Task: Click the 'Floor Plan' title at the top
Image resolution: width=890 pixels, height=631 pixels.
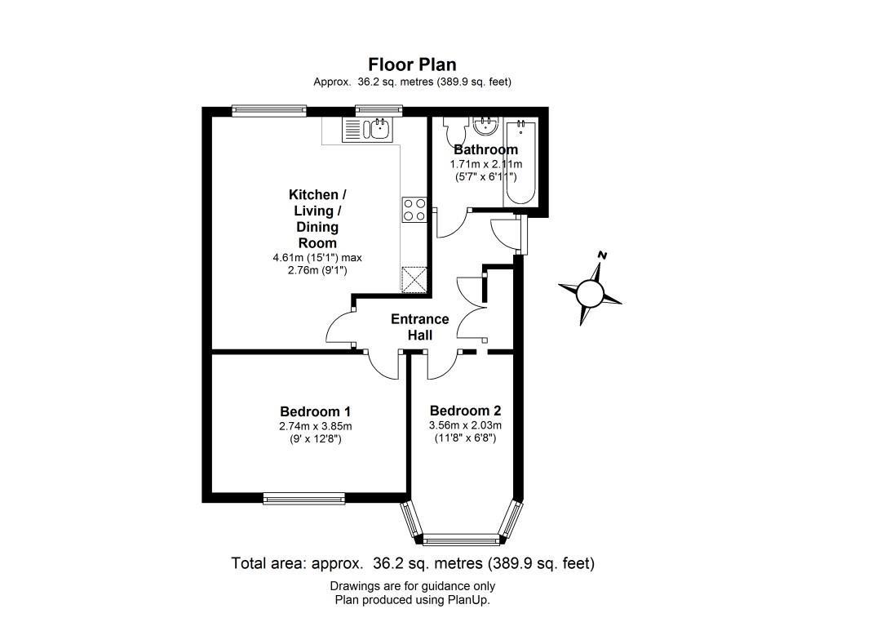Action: click(x=412, y=64)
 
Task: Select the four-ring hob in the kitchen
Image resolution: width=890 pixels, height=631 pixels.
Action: click(x=414, y=210)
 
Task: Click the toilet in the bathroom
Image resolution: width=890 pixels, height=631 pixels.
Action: click(x=454, y=129)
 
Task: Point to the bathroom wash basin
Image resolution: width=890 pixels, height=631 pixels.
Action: click(x=486, y=126)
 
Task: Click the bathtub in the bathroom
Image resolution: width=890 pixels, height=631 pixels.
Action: click(x=520, y=163)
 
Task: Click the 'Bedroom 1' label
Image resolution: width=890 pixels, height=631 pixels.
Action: click(x=315, y=411)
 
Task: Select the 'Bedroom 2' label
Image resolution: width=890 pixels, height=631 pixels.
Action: click(x=465, y=411)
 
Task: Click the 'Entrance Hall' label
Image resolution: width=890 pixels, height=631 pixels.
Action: click(x=419, y=327)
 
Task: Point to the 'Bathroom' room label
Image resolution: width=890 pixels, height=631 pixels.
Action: click(x=485, y=150)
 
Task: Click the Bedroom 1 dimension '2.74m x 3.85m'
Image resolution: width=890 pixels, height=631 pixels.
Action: click(x=315, y=426)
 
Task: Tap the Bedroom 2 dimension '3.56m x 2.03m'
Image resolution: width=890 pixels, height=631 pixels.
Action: click(x=465, y=425)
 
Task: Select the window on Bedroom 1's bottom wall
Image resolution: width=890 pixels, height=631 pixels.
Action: click(x=304, y=496)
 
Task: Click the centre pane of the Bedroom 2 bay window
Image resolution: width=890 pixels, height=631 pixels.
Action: click(x=461, y=539)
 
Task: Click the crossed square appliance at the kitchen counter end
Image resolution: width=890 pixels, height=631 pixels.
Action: click(x=414, y=278)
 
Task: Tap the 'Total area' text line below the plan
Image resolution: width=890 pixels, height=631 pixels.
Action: click(x=413, y=563)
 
